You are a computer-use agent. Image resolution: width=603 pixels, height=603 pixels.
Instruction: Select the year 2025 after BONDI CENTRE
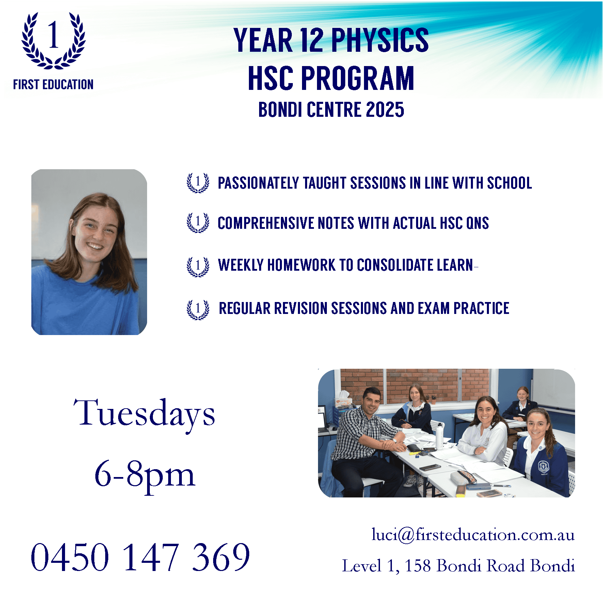385,110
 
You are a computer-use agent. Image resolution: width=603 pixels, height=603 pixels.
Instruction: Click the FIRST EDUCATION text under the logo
53,84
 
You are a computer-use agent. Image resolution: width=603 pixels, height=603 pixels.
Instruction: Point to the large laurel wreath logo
54,40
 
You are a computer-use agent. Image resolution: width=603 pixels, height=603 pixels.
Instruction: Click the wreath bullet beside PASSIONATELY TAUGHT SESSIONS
198,183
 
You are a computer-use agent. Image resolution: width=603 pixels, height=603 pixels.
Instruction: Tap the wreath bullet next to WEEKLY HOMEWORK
198,267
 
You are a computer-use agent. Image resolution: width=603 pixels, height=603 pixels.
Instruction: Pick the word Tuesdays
144,414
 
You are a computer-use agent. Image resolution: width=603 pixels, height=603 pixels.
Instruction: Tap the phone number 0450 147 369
140,557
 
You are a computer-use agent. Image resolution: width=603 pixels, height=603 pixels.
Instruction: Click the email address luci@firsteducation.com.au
473,535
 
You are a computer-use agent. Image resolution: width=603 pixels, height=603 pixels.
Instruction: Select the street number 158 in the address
417,566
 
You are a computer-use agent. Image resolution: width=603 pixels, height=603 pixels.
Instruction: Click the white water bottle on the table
440,435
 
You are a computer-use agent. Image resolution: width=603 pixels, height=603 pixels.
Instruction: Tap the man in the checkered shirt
366,443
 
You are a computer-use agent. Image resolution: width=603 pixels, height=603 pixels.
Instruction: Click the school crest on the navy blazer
542,467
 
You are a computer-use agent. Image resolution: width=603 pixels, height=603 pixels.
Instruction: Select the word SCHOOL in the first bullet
509,183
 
